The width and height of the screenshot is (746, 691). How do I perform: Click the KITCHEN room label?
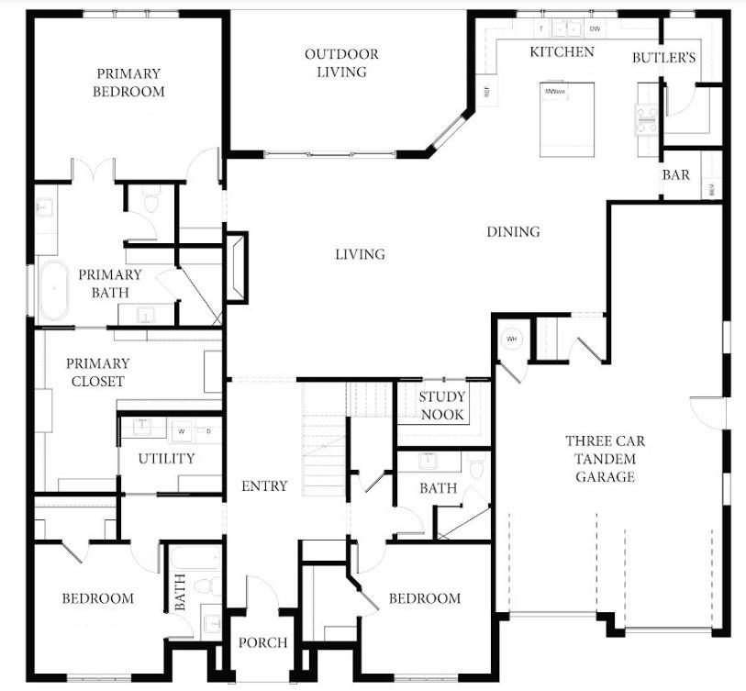click(562, 52)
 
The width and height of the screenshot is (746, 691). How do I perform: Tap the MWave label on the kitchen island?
click(553, 92)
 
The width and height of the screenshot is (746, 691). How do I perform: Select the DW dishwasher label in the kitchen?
click(595, 29)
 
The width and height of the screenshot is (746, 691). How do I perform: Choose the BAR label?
click(675, 175)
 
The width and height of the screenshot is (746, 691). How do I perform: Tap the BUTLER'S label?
click(663, 58)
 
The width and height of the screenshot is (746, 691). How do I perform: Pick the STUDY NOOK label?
click(442, 406)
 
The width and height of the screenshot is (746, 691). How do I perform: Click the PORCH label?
click(262, 642)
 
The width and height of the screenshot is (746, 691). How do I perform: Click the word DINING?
click(513, 232)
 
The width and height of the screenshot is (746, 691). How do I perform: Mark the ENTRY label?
click(264, 486)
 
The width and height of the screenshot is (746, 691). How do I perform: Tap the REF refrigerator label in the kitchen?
click(485, 92)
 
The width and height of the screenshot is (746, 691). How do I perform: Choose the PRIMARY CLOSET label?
click(97, 372)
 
